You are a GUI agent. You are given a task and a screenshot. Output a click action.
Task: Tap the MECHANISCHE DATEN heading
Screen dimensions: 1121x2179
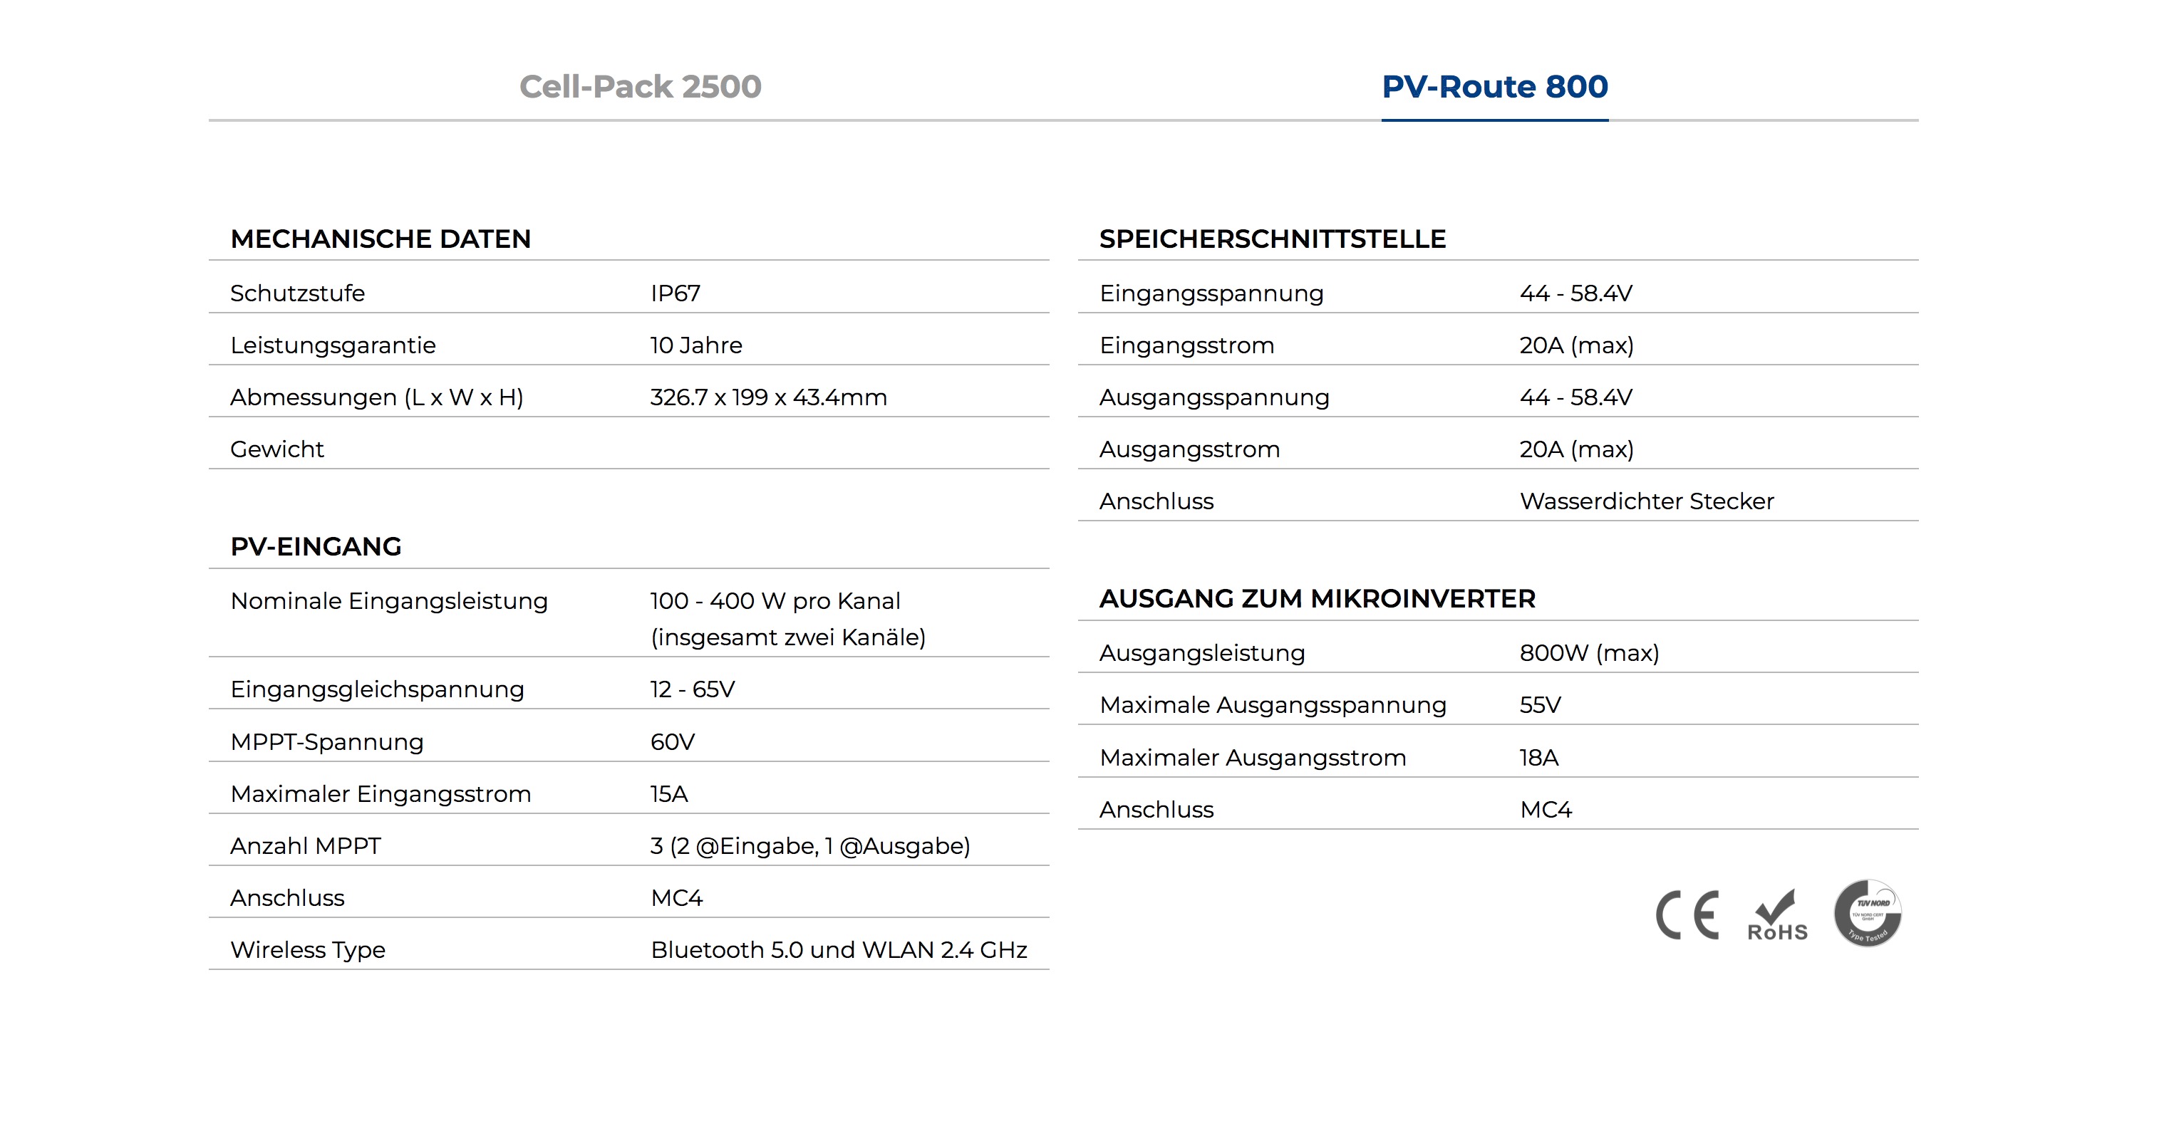(x=381, y=239)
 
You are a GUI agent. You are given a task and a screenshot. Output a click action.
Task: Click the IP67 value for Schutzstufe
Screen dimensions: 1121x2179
(x=675, y=293)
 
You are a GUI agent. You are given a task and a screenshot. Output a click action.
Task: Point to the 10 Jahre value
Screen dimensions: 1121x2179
(x=695, y=345)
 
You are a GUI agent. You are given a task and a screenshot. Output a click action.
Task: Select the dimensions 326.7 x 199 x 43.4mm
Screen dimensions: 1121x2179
(x=768, y=397)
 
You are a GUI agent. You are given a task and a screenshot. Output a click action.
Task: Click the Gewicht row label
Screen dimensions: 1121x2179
(x=276, y=449)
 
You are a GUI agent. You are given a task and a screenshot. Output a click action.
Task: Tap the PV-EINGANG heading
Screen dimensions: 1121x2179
(x=316, y=547)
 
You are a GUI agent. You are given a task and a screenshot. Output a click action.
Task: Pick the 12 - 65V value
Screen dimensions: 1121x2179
(x=692, y=689)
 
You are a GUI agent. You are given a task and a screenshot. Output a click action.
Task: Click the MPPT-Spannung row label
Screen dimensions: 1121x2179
(x=326, y=741)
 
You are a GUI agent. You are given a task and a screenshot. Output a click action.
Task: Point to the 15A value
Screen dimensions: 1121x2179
(x=668, y=794)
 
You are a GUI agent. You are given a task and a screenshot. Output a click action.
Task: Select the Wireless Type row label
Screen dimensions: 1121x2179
(x=307, y=949)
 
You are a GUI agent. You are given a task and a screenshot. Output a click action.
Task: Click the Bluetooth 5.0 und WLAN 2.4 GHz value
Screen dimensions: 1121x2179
(x=838, y=949)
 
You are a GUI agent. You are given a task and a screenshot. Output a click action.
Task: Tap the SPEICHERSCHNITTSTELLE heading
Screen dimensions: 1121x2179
(x=1272, y=239)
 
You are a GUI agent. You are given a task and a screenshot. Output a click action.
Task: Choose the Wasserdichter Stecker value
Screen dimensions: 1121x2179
(x=1646, y=501)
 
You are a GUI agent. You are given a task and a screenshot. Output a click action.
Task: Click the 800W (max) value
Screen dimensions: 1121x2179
(x=1588, y=652)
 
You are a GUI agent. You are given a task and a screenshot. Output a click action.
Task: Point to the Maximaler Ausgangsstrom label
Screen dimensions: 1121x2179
(x=1252, y=758)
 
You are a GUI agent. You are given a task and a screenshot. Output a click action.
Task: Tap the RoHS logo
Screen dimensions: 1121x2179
(x=1776, y=916)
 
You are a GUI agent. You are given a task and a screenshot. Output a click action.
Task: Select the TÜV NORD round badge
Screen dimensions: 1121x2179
(x=1867, y=913)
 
